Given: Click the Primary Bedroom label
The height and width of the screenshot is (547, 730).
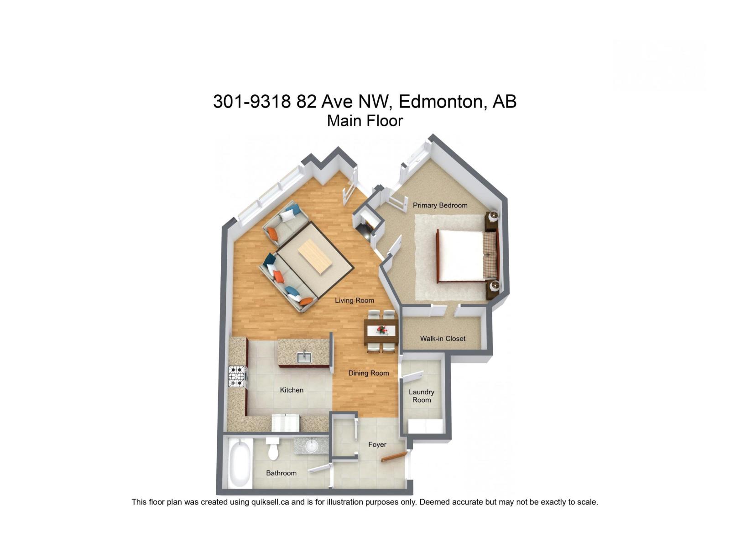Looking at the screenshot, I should (x=440, y=205).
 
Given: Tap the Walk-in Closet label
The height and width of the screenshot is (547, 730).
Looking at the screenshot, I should (x=443, y=338).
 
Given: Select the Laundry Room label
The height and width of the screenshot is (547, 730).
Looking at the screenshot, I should (x=421, y=396).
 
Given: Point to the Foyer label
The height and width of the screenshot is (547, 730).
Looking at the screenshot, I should (x=377, y=444).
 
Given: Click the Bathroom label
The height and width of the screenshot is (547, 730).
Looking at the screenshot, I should (x=281, y=473).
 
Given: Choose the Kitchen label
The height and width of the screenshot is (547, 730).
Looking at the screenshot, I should (x=292, y=390).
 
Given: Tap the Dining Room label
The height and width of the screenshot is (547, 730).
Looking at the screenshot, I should (x=368, y=373).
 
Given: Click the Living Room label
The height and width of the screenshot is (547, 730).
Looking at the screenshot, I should (x=354, y=300).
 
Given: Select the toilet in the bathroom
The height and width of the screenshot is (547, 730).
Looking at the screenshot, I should (x=273, y=449).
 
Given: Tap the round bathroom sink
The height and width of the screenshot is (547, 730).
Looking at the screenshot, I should (x=312, y=445).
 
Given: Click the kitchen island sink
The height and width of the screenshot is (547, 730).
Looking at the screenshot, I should (x=304, y=358).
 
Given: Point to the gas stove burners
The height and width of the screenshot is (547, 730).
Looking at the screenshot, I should (x=236, y=377).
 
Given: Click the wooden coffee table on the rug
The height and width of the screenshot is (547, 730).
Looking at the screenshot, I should (x=315, y=257).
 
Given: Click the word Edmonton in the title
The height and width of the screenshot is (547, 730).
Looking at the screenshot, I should (x=440, y=101).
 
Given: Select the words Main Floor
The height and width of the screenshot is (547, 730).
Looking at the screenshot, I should (x=365, y=121).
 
